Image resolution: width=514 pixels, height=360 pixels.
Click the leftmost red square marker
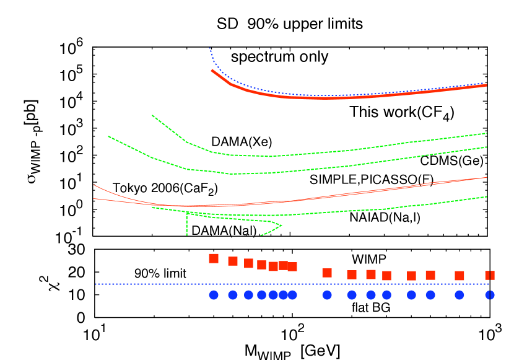pyautogui.click(x=214, y=258)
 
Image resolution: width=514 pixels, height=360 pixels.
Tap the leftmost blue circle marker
pyautogui.click(x=214, y=295)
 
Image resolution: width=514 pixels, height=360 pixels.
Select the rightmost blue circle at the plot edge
pyautogui.click(x=490, y=295)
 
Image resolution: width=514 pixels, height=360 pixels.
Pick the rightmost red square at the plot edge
pyautogui.click(x=490, y=275)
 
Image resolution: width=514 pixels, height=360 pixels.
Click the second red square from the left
pyautogui.click(x=233, y=261)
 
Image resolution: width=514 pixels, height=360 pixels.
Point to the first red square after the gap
pyautogui.click(x=327, y=273)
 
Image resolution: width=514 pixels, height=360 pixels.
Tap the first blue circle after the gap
pyautogui.click(x=327, y=295)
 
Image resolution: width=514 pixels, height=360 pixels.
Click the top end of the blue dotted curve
pyautogui.click(x=209, y=48)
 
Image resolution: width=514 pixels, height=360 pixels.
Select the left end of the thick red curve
pyautogui.click(x=212, y=70)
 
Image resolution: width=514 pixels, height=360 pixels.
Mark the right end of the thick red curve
pyautogui.click(x=486, y=85)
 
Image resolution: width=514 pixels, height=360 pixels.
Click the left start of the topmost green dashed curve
pyautogui.click(x=152, y=115)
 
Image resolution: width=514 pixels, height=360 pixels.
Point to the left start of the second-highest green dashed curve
pyautogui.click(x=108, y=136)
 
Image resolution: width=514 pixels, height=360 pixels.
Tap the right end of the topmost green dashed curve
pyautogui.click(x=487, y=133)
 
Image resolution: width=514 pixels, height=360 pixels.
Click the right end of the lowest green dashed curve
pyautogui.click(x=487, y=196)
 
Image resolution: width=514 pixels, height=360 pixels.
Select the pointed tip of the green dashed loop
pyautogui.click(x=282, y=225)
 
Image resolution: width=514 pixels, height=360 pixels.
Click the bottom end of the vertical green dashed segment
pyautogui.click(x=186, y=235)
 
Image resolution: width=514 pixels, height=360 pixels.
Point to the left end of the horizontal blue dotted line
pyautogui.click(x=96, y=284)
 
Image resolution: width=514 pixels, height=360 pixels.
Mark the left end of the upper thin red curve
pyautogui.click(x=94, y=185)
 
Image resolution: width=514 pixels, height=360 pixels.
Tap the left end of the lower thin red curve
pyautogui.click(x=94, y=199)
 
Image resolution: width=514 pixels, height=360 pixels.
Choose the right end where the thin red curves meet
pyautogui.click(x=487, y=177)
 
